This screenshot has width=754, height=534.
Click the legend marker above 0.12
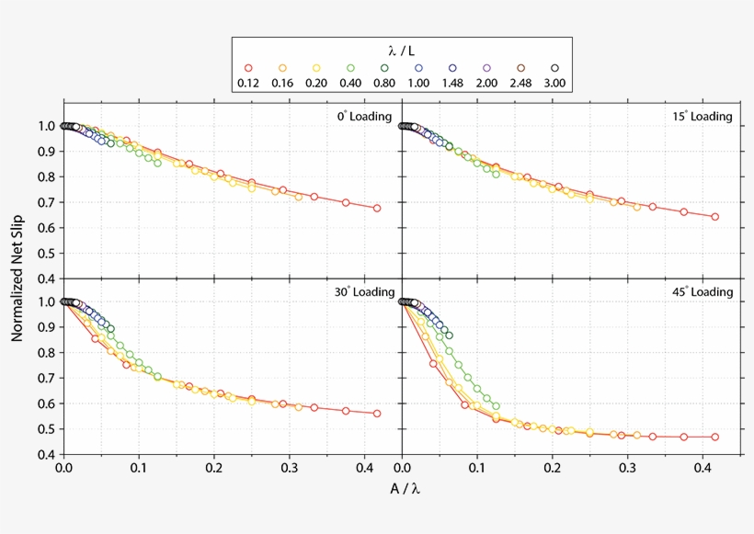tap(248, 68)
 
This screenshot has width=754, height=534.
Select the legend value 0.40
tap(350, 84)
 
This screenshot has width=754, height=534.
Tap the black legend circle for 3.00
tap(554, 68)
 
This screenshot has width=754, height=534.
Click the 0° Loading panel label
tap(363, 117)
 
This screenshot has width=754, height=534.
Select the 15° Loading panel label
tap(703, 117)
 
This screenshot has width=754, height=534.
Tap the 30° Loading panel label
tap(363, 292)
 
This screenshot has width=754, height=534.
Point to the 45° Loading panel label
tap(703, 292)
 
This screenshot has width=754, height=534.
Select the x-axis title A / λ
tap(402, 488)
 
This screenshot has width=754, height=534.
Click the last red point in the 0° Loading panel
tap(377, 208)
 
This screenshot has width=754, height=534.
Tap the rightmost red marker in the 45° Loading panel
tap(714, 437)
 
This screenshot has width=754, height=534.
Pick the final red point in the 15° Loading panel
tap(714, 217)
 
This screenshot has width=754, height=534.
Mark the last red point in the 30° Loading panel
tap(377, 414)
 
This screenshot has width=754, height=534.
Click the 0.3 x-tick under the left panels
tap(290, 468)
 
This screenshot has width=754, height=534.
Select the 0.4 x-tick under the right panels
tap(703, 468)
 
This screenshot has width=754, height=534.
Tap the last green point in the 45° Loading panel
tap(496, 406)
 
